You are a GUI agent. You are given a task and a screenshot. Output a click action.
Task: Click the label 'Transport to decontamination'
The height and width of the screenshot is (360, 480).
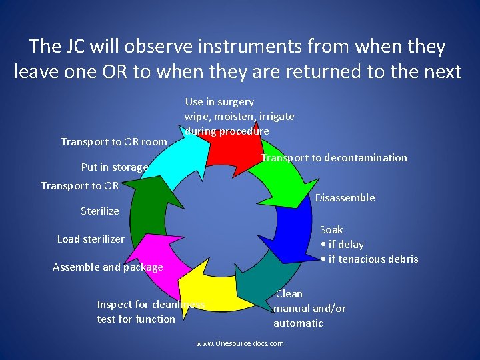point(333,158)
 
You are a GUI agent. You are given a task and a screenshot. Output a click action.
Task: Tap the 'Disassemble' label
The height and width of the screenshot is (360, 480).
point(345,198)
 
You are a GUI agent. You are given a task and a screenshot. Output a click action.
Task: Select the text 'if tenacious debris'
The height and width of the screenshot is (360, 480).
point(373,259)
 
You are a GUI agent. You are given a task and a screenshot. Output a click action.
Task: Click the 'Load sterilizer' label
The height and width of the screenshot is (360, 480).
point(91,239)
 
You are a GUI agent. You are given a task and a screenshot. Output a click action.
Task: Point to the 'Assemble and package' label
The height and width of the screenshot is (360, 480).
point(107,267)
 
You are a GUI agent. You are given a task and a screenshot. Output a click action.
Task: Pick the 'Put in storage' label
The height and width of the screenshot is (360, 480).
point(114,167)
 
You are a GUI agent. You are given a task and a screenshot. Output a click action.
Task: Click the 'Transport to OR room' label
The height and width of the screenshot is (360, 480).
point(113,142)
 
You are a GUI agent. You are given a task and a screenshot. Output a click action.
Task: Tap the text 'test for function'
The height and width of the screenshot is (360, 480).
point(136,319)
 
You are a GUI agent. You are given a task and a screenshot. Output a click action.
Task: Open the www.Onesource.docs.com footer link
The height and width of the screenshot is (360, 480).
point(239,343)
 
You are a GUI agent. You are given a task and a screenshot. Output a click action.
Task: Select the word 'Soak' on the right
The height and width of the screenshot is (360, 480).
point(331,230)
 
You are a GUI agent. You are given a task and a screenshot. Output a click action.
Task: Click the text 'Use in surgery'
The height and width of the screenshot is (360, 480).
point(219,102)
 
